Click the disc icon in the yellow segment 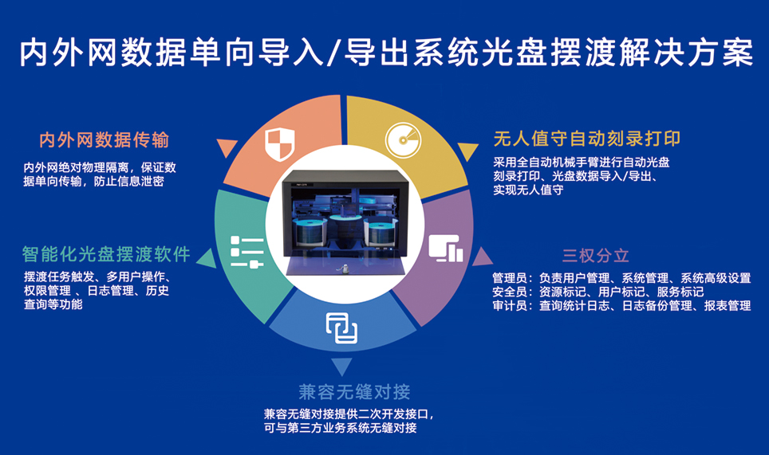(402, 139)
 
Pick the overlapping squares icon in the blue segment (341, 327)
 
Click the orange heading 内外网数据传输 (104, 140)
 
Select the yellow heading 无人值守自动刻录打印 (586, 139)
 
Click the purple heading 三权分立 (595, 256)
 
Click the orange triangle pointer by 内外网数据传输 (227, 148)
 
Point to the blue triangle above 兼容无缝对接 (342, 366)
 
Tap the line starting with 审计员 (621, 305)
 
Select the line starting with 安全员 (597, 292)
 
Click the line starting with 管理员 (621, 278)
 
